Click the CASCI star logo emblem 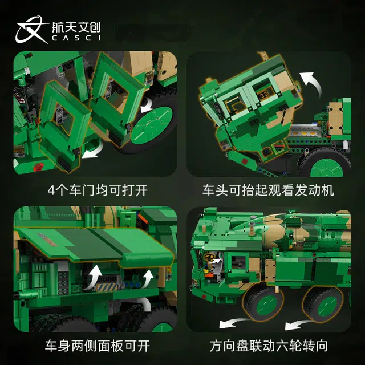point(31,29)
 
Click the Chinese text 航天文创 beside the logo point(76,27)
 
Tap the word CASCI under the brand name point(76,38)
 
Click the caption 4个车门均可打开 point(98,190)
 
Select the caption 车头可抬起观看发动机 point(268,190)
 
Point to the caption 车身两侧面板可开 point(98,346)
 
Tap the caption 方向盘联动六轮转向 point(269,346)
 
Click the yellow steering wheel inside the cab point(209,257)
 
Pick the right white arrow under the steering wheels point(298,324)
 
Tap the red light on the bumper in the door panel point(38,167)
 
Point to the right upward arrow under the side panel point(147,279)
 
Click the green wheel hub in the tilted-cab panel point(326,168)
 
